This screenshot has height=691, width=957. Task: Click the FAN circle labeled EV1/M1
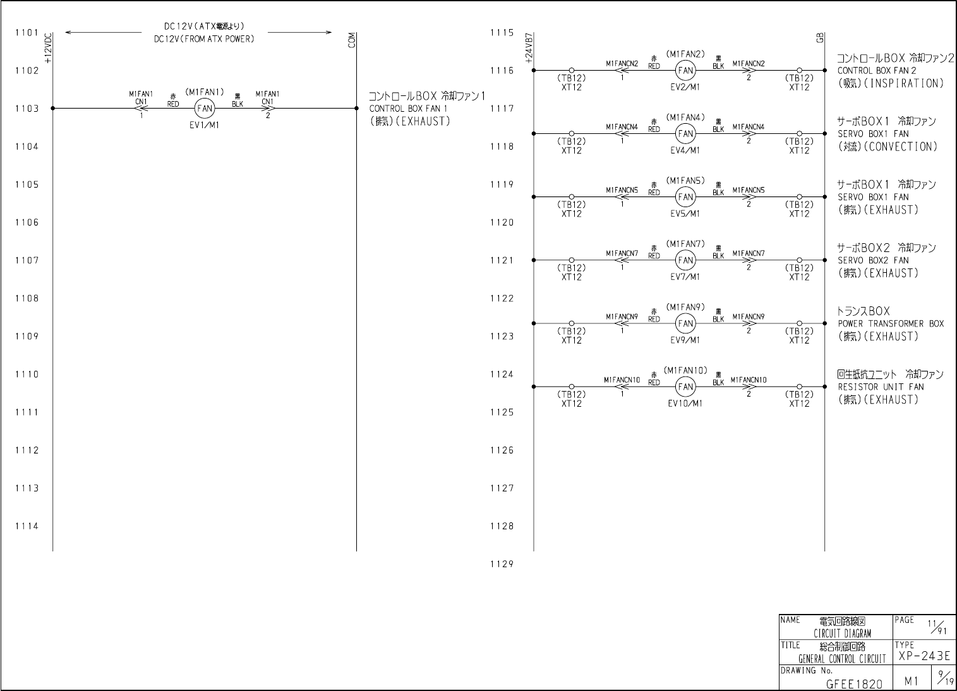click(205, 109)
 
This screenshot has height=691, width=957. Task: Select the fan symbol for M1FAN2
click(685, 71)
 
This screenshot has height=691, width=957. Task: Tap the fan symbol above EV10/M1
click(685, 387)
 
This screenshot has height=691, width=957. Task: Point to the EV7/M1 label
click(685, 277)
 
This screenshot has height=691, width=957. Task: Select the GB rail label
click(820, 38)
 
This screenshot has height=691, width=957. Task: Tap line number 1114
click(27, 526)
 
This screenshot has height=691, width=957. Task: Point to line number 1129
click(502, 565)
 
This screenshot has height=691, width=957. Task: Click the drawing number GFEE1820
click(854, 683)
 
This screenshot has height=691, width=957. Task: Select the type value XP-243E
click(924, 656)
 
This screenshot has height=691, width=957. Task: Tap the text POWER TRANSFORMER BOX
click(891, 324)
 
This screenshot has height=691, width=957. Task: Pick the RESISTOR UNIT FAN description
click(881, 387)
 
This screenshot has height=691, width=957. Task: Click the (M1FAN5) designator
click(685, 181)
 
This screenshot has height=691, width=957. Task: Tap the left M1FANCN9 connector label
click(622, 316)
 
